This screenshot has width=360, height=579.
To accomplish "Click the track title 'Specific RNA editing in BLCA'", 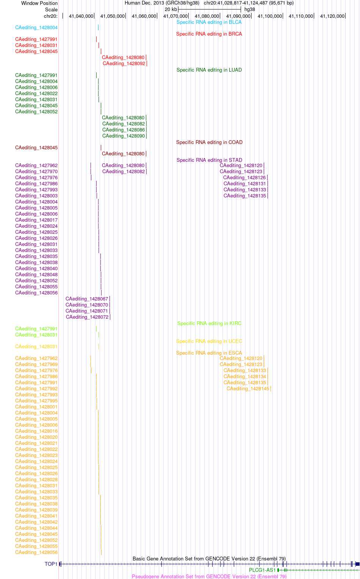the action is coord(209,22).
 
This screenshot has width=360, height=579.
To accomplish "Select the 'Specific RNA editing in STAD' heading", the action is coord(209,160).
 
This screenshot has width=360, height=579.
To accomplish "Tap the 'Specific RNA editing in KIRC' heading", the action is coord(209,323).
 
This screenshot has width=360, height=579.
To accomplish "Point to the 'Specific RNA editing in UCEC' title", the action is coord(209,341).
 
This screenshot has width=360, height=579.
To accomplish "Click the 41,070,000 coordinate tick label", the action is coord(175,16).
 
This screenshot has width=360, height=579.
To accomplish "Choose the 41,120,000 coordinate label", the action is coord(332,16).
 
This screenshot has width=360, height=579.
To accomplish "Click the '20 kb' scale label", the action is coord(171,9).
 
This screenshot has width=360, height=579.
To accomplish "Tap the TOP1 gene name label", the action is coord(51,564).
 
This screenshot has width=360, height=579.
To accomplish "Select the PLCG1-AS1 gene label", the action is coord(262,570).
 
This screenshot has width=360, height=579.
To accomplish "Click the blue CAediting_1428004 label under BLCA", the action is coord(36,27).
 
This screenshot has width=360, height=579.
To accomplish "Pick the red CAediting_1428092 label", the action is coord(124,63).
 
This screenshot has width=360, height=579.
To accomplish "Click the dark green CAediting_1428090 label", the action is coord(124,136).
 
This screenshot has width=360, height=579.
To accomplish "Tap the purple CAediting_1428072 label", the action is coord(87,317).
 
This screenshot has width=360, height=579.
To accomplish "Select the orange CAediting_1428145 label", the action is coord(248,388).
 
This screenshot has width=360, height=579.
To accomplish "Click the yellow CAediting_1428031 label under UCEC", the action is coord(36,346).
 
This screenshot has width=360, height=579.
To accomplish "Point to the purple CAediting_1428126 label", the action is coord(244,178).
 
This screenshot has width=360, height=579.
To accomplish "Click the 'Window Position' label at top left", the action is coord(39,3).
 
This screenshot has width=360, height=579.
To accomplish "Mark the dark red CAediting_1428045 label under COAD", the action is coord(36,148).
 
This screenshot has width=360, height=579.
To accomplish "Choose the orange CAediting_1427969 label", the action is coord(36,364).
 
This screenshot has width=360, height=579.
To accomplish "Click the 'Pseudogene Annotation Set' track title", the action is coord(209,576).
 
